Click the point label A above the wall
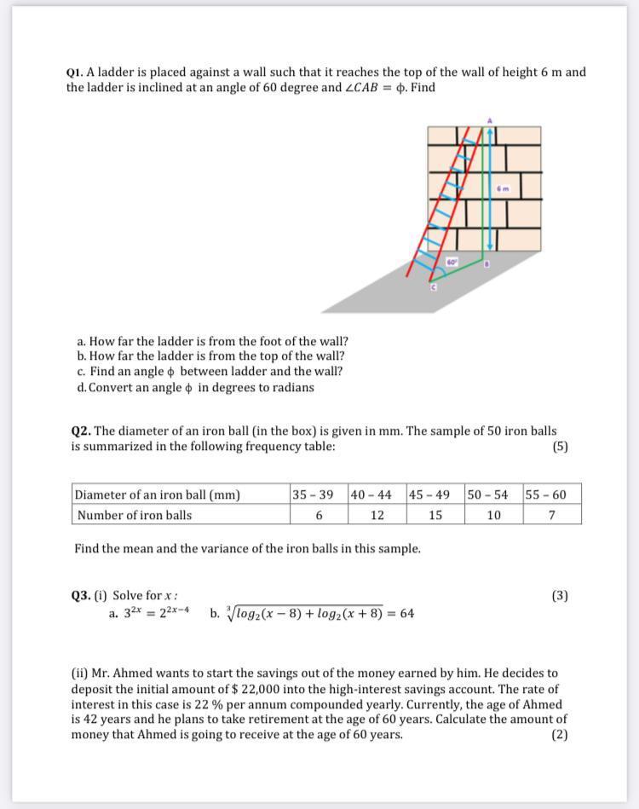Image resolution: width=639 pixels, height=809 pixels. [x=490, y=120]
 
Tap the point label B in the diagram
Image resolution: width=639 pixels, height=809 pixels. [x=486, y=264]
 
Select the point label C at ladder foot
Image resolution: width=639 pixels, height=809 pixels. [x=432, y=289]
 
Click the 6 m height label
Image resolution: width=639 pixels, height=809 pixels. [x=504, y=188]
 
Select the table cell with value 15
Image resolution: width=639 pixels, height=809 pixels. [x=435, y=515]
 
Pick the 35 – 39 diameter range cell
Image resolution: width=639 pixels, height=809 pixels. [x=319, y=494]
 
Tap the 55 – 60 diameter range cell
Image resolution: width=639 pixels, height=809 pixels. [x=551, y=494]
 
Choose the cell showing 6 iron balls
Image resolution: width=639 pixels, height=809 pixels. [x=319, y=515]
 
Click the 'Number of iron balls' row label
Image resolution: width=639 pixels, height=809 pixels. [x=135, y=515]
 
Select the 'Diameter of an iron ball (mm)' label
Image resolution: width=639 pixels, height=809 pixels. [x=158, y=494]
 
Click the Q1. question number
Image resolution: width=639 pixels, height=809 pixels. [x=75, y=72]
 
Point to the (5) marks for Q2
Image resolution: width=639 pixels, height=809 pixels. [x=560, y=446]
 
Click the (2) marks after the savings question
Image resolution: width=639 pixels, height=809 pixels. [x=559, y=734]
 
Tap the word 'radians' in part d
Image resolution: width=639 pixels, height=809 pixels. [x=289, y=387]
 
